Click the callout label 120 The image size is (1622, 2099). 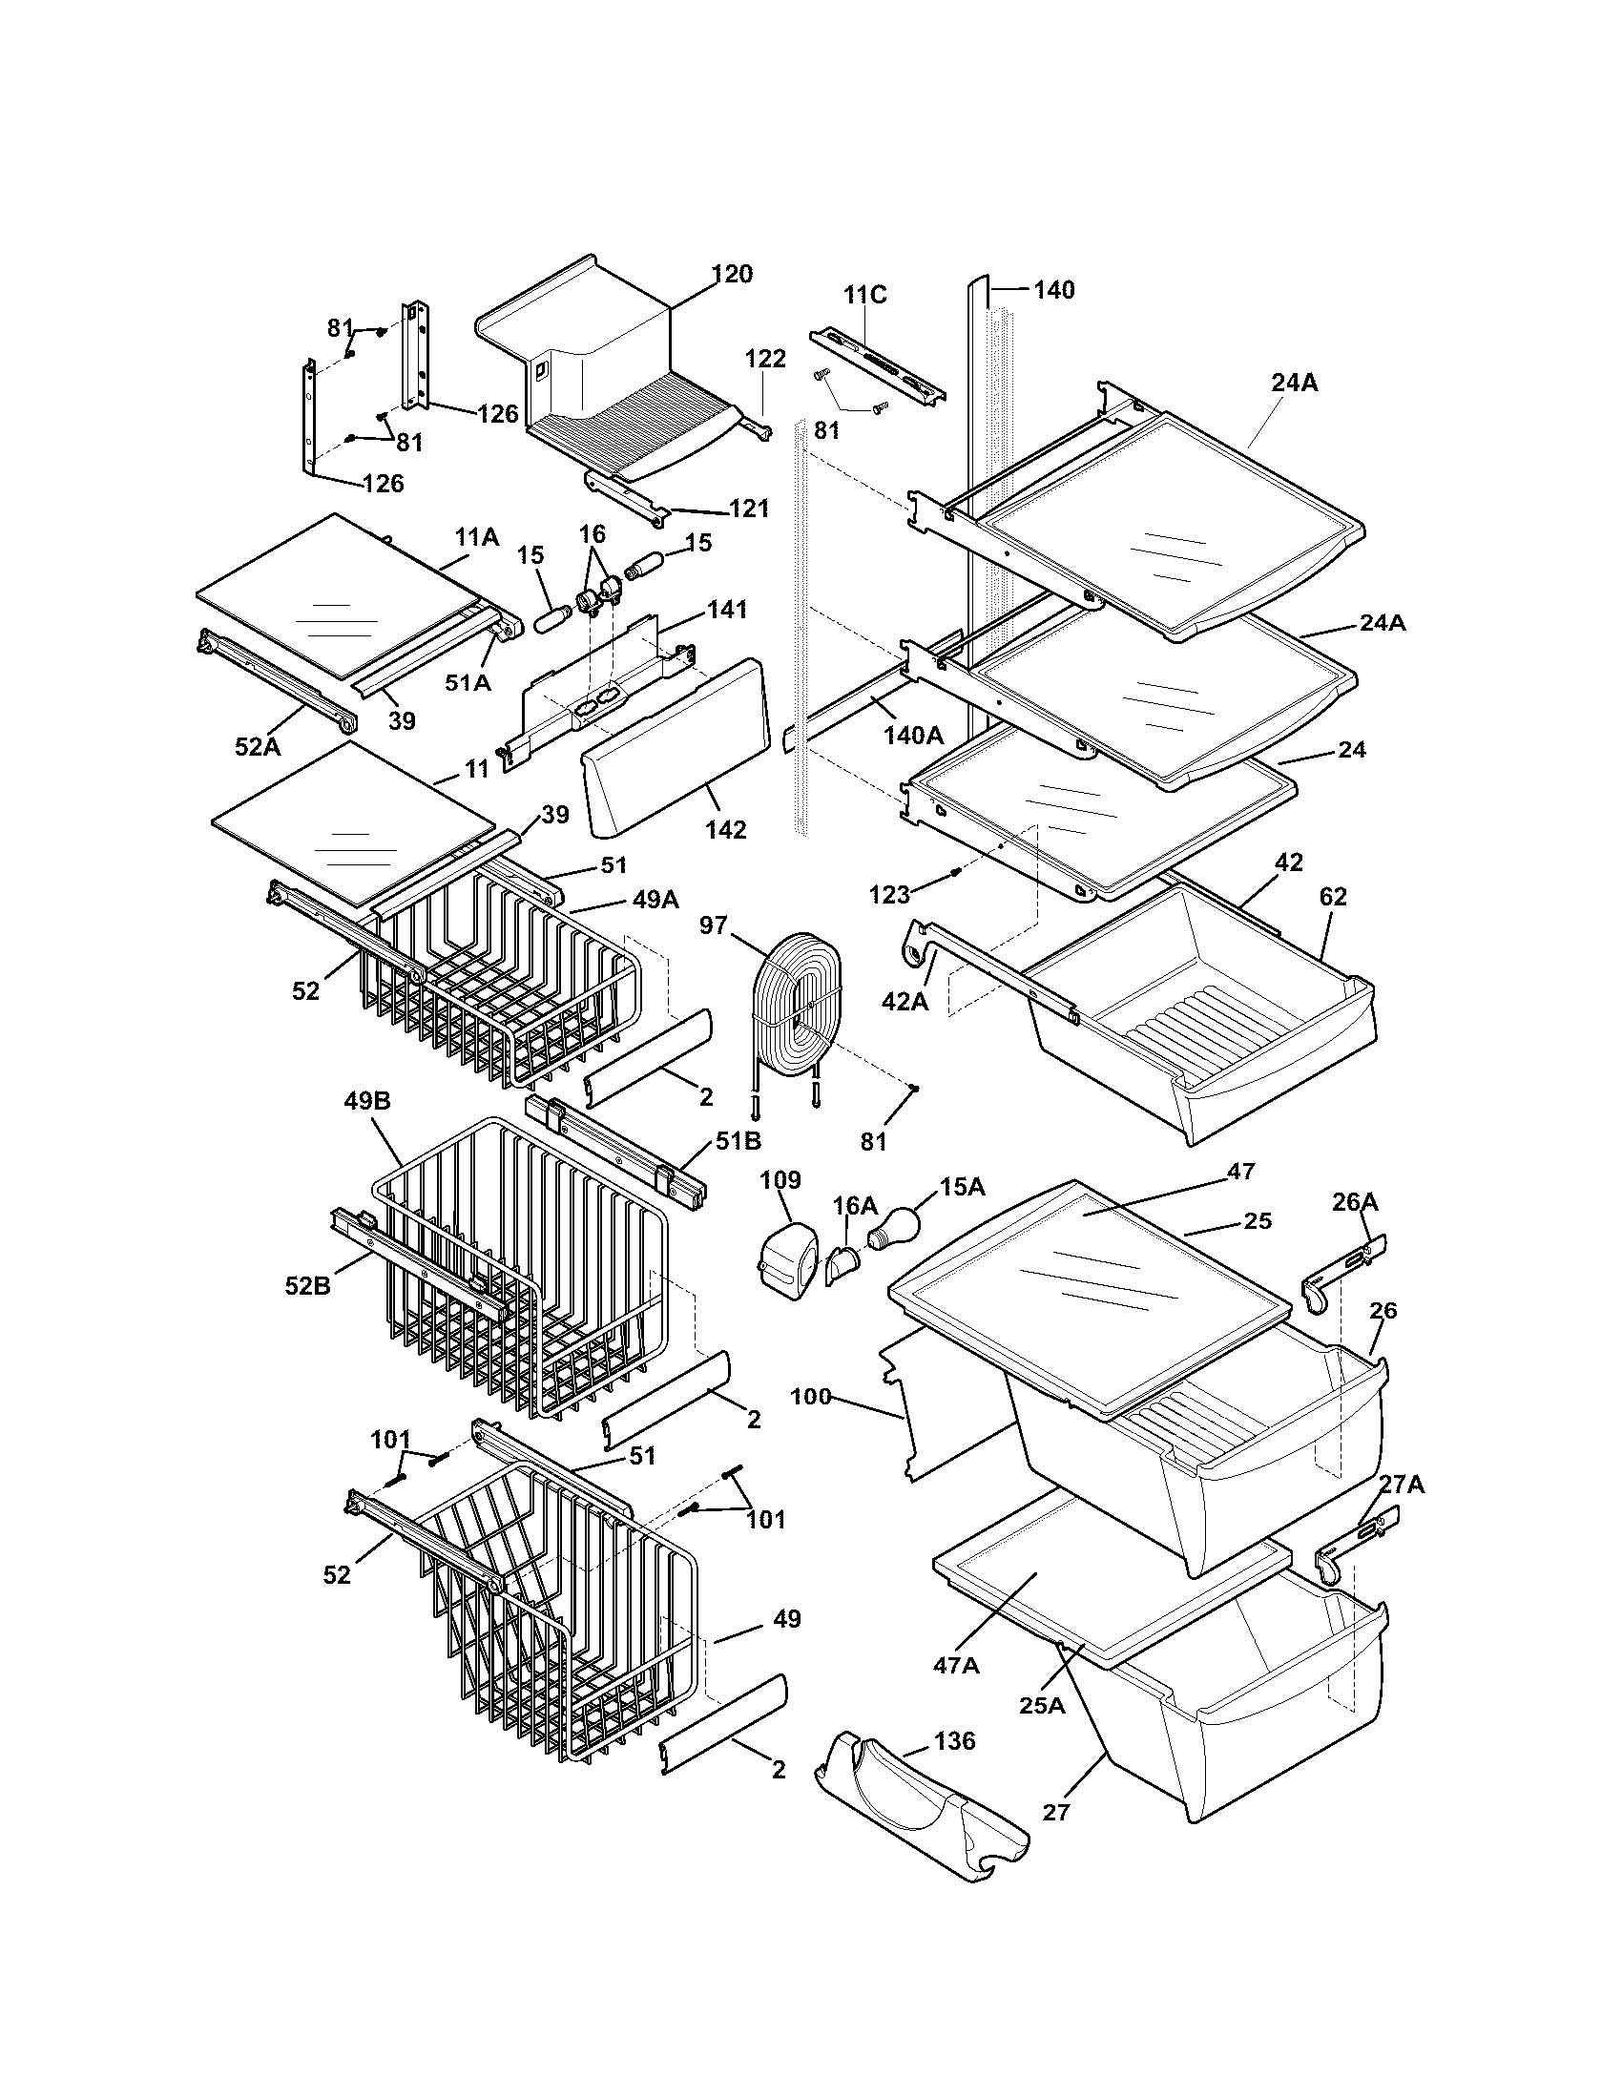[732, 274]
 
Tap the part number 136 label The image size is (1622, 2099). [954, 1740]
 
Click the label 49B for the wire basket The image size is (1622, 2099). [367, 1101]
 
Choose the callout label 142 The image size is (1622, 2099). [725, 829]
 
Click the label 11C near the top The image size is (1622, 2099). [864, 295]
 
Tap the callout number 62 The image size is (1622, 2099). [1333, 897]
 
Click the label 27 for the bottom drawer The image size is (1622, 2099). [1055, 1813]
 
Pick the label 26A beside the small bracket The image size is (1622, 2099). [1355, 1201]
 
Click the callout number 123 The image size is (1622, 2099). [889, 895]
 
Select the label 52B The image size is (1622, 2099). [307, 1285]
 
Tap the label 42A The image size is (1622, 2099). [905, 1002]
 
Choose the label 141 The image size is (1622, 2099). [727, 610]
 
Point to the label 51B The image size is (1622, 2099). [738, 1141]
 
